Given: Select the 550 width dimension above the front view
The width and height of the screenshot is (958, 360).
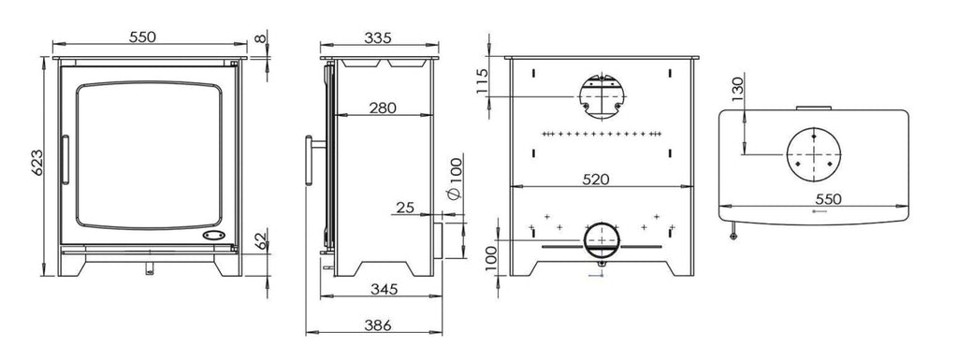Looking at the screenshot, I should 141,36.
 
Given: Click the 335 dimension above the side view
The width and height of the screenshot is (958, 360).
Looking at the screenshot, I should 376,36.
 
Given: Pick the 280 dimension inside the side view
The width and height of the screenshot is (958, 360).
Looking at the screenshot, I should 382,108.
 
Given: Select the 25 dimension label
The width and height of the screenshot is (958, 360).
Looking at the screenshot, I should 405,208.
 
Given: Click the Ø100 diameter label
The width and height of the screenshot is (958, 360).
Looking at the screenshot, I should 456,179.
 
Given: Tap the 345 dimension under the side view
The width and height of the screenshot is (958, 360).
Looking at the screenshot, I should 383,290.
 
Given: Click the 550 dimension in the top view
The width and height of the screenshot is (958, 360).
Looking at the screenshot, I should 822,198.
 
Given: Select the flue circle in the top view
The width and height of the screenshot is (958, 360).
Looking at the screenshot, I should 814,153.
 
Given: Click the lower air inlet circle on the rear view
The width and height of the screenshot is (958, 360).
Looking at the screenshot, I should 601,241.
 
